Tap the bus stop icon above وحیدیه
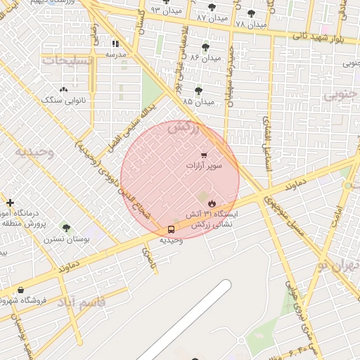171,229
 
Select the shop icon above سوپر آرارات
204,155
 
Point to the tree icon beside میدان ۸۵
199,90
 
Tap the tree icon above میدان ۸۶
205,47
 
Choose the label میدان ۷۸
251,24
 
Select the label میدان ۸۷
212,16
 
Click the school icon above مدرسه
116,43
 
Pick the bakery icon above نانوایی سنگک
64,89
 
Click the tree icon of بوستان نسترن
66,228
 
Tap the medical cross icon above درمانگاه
10,202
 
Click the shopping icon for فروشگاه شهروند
20,290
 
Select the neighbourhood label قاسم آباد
79,303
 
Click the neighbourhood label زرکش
185,127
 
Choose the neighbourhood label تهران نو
337,266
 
